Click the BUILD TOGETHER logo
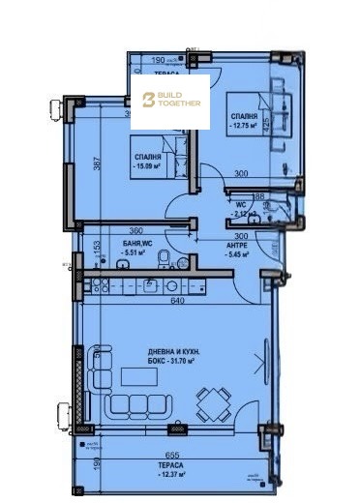click(171, 101)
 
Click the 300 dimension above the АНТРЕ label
click(243, 235)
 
